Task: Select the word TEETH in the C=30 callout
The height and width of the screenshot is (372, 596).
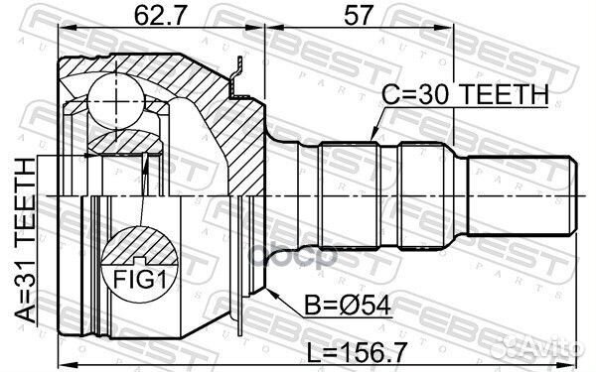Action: tap(501, 94)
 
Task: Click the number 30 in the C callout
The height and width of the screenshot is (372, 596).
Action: tap(428, 94)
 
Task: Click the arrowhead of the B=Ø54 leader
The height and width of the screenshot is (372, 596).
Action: tap(269, 288)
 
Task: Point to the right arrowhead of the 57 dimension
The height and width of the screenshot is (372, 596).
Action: tap(449, 35)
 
